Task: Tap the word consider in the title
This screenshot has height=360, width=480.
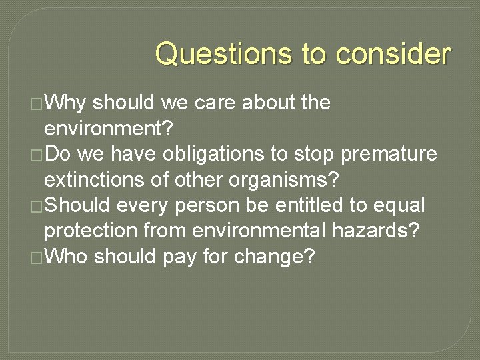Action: click(x=393, y=54)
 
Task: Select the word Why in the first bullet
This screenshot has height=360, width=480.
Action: click(x=66, y=103)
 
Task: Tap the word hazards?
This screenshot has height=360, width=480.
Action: click(x=387, y=231)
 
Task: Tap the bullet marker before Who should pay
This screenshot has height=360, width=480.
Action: click(x=36, y=257)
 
